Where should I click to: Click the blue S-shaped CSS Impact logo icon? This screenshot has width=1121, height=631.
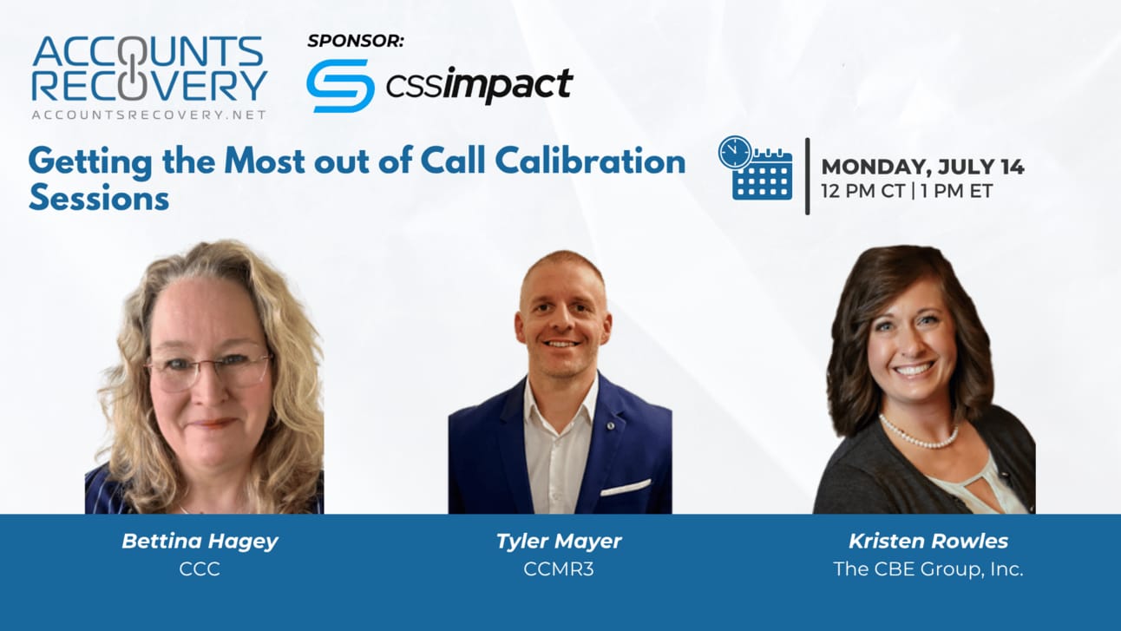[x=340, y=86]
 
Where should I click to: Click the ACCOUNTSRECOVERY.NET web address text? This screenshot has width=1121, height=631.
[x=148, y=115]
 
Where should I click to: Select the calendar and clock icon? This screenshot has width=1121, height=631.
[x=755, y=168]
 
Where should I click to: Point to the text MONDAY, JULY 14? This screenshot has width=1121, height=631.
[x=922, y=167]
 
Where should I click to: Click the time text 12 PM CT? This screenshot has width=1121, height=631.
[x=863, y=191]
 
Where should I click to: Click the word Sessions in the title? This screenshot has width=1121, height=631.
[x=99, y=198]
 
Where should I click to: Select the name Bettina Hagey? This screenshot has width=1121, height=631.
[x=200, y=542]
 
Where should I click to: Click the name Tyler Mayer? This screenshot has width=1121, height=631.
[x=559, y=542]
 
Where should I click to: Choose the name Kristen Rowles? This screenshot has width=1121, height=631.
[x=928, y=541]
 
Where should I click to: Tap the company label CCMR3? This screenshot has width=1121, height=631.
[x=559, y=569]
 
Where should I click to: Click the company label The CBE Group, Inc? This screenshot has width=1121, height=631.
[x=928, y=569]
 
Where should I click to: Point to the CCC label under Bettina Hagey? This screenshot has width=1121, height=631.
[x=200, y=569]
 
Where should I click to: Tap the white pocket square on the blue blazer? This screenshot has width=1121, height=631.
[x=626, y=487]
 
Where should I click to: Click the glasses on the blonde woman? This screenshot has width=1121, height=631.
[x=208, y=370]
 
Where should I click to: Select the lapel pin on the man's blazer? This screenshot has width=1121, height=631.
[x=610, y=425]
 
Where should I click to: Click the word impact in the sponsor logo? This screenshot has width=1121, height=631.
[x=508, y=84]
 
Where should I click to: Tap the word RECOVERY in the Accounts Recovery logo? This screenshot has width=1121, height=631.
[x=149, y=86]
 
